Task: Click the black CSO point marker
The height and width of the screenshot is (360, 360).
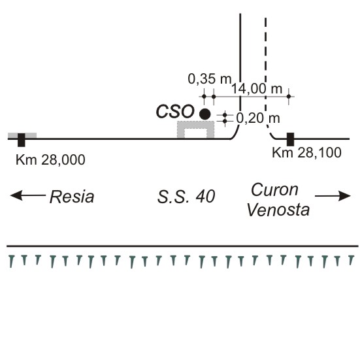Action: pos(205,114)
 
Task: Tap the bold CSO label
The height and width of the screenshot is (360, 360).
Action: pos(175,112)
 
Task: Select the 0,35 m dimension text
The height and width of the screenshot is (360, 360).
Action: pos(209,79)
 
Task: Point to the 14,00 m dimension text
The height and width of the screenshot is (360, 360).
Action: pos(257,89)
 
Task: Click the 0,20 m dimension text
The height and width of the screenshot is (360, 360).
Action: pos(258,118)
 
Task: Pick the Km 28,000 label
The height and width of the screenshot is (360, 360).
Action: pos(50,160)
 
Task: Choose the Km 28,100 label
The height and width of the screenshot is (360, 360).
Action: pos(306,153)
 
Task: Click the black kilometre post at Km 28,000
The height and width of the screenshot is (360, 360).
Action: pos(22,140)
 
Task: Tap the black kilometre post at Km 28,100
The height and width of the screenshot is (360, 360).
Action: pos(291,139)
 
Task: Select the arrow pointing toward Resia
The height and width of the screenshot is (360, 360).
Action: pos(28,195)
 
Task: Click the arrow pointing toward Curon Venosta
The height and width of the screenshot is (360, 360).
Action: pos(333,196)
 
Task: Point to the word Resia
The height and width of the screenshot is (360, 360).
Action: pos(72,197)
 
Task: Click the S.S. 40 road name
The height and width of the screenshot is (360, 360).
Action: pos(186,197)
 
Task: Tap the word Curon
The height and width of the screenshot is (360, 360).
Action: pos(275,190)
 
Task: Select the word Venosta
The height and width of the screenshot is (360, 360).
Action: pos(278,210)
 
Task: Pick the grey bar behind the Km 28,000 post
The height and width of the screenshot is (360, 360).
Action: pos(22,135)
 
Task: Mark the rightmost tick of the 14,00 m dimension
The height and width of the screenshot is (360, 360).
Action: pos(289,97)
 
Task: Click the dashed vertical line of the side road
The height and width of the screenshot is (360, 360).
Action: pos(266,68)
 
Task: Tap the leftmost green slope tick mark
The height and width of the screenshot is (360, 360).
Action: pos(11,261)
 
